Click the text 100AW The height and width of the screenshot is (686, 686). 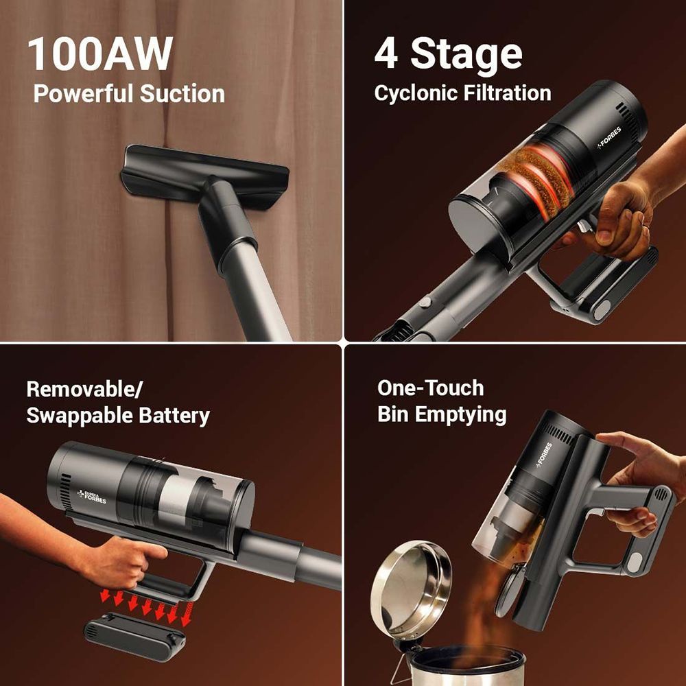100,55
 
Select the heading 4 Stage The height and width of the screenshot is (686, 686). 448,55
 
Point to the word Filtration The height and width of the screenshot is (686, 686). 508,93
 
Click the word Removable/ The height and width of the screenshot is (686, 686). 84,390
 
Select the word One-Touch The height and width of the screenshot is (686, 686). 430,388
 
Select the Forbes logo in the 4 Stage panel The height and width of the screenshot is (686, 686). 611,138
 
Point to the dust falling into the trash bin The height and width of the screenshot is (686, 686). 480,604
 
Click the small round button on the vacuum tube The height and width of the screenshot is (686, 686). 425,301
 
